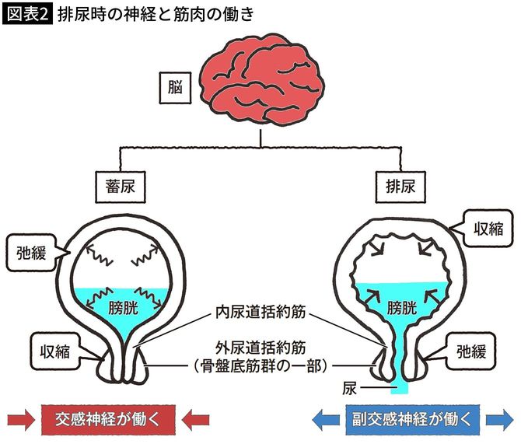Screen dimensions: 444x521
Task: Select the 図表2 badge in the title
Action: point(26,14)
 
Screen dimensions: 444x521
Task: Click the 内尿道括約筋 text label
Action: point(260,315)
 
